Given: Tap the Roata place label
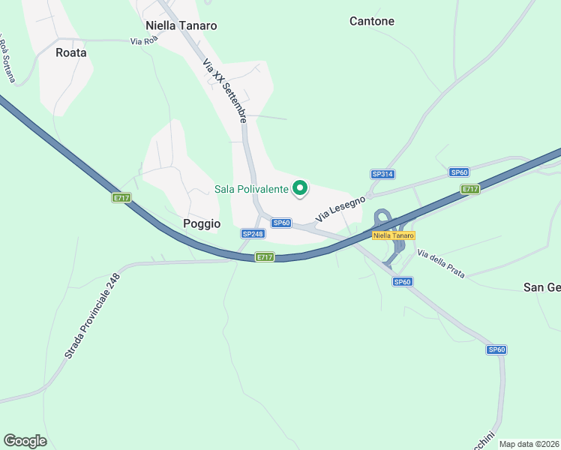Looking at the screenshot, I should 71,52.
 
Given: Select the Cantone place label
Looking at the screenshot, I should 372,21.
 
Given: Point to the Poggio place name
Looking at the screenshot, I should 202,223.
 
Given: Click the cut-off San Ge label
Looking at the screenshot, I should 541,287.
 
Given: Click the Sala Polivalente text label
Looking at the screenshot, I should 251,189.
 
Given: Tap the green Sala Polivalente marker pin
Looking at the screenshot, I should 300,188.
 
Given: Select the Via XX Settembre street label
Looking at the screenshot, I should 225,91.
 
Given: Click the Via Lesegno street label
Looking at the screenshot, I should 340,208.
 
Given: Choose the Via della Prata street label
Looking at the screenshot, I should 442,263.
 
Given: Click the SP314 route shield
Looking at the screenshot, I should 382,174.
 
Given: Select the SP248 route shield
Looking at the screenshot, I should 253,234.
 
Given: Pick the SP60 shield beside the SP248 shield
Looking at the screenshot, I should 281,223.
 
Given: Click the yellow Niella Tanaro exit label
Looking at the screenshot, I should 393,235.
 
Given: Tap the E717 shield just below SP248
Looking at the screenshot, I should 265,257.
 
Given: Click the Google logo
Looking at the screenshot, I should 25,441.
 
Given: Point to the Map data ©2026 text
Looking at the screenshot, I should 529,444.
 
